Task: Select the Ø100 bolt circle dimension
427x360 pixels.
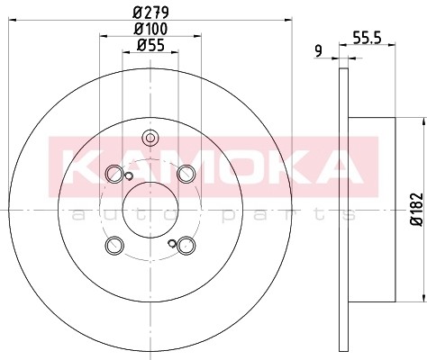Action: click(150, 31)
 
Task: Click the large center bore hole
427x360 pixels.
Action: click(150, 209)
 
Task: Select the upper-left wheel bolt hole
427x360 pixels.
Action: click(114, 174)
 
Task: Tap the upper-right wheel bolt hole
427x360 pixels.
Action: click(186, 174)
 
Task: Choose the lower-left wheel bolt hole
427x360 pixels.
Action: click(114, 245)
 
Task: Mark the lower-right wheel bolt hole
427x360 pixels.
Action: click(186, 245)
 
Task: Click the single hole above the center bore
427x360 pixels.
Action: click(150, 138)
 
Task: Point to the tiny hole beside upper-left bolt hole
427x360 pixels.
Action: click(130, 175)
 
